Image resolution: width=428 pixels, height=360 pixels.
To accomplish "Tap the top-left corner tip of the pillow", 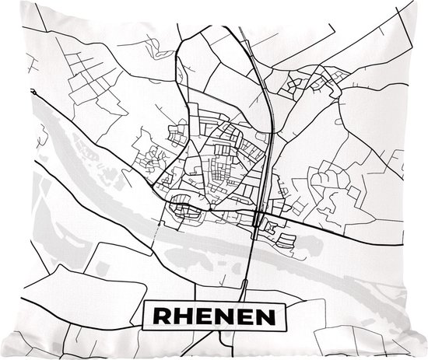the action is pyautogui.click(x=2, y=2).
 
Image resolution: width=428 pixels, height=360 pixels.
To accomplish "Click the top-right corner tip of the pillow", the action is pyautogui.click(x=424, y=2).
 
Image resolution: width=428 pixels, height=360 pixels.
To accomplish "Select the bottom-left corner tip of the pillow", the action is pyautogui.click(x=2, y=357).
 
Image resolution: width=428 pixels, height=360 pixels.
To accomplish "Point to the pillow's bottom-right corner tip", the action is pyautogui.click(x=425, y=357).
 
